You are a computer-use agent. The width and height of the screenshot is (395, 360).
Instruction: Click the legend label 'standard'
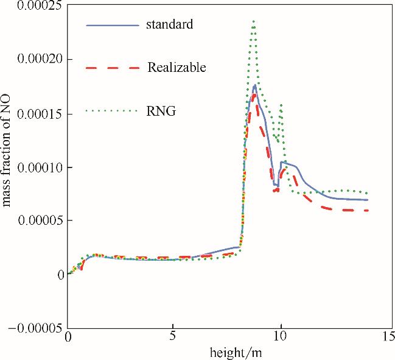click(170, 26)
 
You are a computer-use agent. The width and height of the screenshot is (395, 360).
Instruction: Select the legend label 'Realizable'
click(177, 68)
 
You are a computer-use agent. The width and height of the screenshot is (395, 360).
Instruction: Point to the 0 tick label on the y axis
click(60, 275)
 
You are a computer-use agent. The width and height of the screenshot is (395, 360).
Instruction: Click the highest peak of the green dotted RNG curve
click(253, 21)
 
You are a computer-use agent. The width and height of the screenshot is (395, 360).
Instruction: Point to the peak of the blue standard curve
click(254, 86)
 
